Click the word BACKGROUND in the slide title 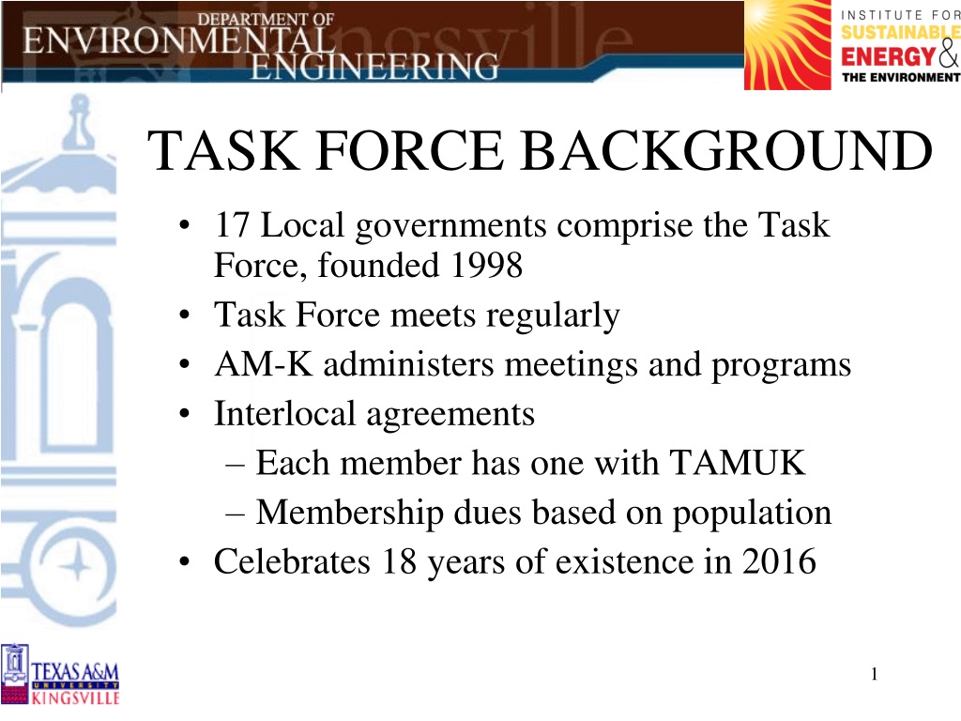[x=727, y=151]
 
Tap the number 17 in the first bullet [x=233, y=225]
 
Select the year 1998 [x=487, y=265]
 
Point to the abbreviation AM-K [x=264, y=364]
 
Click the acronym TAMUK [x=737, y=462]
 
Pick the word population [x=752, y=514]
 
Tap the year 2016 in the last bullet [x=779, y=561]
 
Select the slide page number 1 [x=874, y=674]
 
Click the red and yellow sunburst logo [x=787, y=45]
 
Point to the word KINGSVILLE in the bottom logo [x=75, y=698]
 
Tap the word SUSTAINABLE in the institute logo [x=900, y=33]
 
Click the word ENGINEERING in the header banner [x=374, y=67]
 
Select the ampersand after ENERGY [x=948, y=54]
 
